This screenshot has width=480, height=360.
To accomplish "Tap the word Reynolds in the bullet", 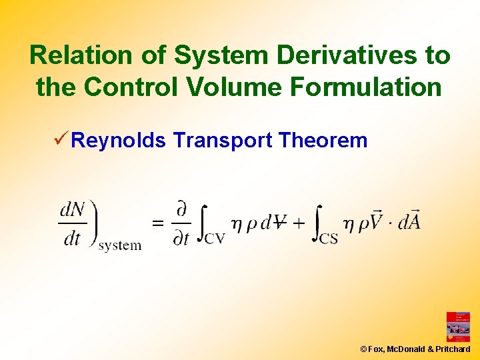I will (119, 141).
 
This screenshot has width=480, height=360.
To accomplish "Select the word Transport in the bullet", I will (223, 141).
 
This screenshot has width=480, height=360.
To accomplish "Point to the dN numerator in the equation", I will (73, 211).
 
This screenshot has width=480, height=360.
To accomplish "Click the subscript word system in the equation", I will (120, 245).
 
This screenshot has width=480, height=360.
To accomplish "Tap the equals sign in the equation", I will (159, 223).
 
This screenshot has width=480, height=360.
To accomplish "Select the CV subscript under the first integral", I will (215, 237).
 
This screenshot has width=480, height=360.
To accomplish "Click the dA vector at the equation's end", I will (408, 220).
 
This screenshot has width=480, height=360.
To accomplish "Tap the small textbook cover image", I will (458, 327).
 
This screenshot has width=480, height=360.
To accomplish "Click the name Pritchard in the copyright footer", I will (452, 349).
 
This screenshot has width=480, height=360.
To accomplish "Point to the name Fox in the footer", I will (376, 349).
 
